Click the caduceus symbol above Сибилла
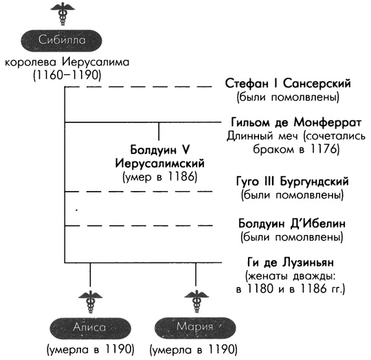pos(63,14)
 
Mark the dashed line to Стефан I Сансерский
pos(137,87)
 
